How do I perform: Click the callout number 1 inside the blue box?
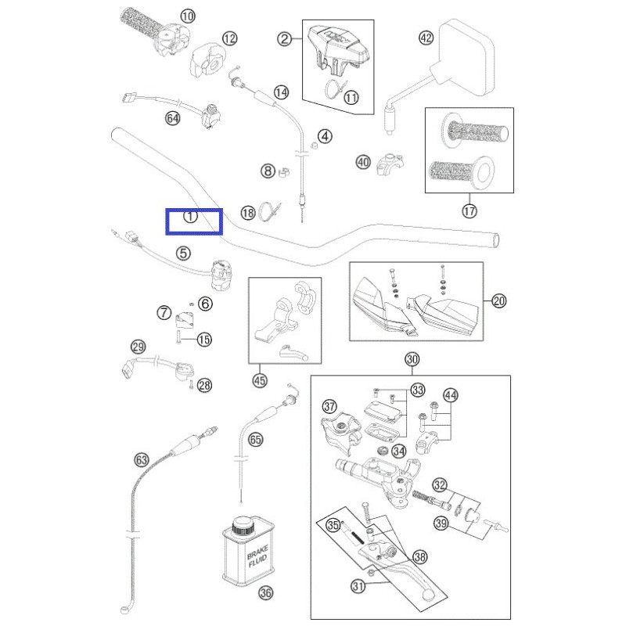[190, 217]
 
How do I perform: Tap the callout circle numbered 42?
[425, 38]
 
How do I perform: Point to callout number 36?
[265, 593]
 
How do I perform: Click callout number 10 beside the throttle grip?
[188, 16]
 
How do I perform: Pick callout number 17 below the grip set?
[469, 210]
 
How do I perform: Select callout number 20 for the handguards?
[499, 301]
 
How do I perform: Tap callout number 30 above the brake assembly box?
[412, 359]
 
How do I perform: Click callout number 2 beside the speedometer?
[285, 38]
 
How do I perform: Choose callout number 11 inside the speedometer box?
[351, 98]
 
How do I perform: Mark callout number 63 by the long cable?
[142, 459]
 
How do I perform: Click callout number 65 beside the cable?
[255, 440]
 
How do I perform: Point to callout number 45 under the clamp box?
[261, 380]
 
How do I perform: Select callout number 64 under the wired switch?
[173, 118]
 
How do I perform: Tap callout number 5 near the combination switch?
[182, 253]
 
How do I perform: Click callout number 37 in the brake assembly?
[329, 406]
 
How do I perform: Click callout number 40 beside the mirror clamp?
[362, 162]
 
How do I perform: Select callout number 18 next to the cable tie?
[247, 212]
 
